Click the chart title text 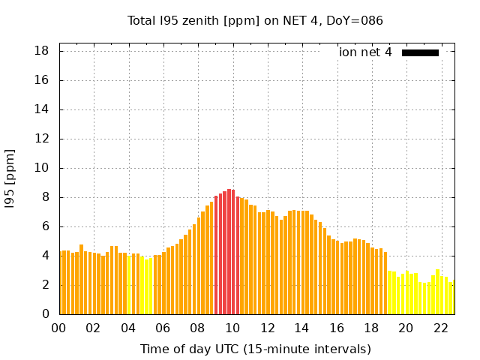coord(255,20)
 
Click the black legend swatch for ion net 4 coord(420,52)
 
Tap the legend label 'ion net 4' coord(365,52)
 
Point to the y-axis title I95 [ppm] coord(10,178)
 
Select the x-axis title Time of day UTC coord(255,349)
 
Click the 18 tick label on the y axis coord(42,51)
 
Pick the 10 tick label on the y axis coord(42,168)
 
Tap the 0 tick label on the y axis coord(46,314)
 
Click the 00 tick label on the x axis coord(59,328)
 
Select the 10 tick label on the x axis coord(232,328)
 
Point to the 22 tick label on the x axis coord(440,328)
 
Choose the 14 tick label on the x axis coord(301,328)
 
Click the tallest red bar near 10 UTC coord(229,251)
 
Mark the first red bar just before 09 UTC coord(216,255)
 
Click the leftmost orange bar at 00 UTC coord(61,283)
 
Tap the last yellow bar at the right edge coord(452,298)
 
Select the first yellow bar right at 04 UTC coord(129,285)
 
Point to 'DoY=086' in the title coord(356,20)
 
